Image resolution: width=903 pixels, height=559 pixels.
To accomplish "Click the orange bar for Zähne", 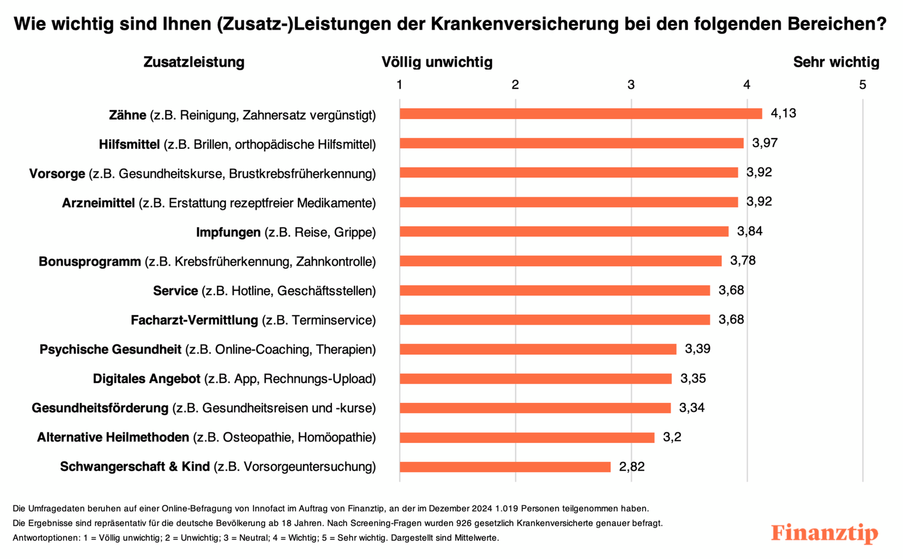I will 580,114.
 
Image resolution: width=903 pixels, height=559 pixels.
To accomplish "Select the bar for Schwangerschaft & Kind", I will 505,467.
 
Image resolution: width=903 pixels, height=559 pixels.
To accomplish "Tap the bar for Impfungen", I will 564,232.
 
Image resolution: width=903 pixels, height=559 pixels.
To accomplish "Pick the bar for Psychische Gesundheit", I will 538,350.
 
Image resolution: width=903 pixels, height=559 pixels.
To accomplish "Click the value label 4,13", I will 783,114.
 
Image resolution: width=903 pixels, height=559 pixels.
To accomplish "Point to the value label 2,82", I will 632,467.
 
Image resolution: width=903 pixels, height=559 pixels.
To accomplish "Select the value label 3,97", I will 764,143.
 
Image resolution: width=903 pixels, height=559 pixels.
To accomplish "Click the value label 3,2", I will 672,437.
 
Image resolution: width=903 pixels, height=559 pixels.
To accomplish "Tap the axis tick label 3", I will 631,85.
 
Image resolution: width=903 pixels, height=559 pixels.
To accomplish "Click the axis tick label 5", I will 862,85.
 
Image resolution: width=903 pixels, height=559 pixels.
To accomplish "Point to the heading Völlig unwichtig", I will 437,62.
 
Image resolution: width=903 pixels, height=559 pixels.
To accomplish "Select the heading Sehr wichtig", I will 836,62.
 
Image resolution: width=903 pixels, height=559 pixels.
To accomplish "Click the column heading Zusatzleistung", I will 194,62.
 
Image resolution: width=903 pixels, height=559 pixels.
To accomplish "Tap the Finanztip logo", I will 824,533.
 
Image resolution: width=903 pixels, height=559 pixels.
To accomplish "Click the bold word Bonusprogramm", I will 90,262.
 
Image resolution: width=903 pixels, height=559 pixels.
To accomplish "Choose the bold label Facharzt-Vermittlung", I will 194,321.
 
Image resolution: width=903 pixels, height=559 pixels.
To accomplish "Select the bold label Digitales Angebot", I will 146,379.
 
